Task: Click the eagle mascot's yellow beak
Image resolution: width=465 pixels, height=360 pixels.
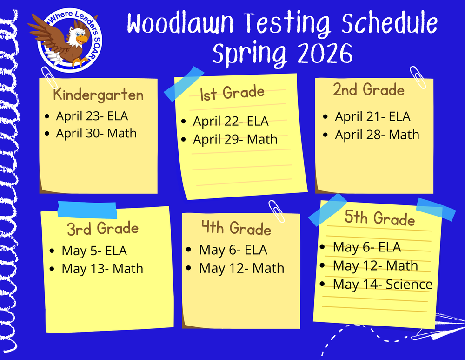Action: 82,40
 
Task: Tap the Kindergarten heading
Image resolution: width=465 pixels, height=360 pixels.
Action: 98,95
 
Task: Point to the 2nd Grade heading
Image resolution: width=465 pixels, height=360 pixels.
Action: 369,90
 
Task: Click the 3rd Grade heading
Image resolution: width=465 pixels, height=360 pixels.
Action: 103,229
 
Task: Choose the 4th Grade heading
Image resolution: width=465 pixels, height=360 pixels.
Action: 236,229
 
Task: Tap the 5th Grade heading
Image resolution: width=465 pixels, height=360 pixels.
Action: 380,218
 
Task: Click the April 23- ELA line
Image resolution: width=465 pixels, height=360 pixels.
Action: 92,116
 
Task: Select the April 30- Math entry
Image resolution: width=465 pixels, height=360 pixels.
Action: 96,133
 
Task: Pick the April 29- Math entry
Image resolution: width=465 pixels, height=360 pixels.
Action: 235,139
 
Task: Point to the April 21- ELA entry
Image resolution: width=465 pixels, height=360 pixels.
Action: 372,117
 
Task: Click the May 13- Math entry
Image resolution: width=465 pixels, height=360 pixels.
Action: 102,269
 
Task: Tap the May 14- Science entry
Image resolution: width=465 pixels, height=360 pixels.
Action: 382,284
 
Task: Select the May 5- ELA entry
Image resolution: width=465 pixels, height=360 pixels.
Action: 94,251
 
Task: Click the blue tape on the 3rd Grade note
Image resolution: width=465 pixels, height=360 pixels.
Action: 87,210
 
